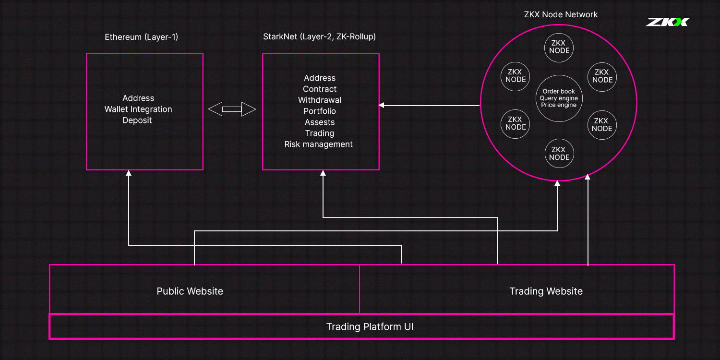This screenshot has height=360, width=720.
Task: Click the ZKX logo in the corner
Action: click(x=668, y=22)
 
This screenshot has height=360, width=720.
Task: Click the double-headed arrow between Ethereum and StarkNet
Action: click(x=232, y=109)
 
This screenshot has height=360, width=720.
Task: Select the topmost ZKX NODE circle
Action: click(x=559, y=47)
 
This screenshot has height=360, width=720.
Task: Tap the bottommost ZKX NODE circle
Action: click(x=559, y=153)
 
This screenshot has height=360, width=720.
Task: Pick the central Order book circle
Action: click(x=559, y=98)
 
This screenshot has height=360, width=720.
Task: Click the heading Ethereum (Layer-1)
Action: click(x=142, y=37)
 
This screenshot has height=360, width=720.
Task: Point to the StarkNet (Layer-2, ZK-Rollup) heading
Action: click(x=320, y=36)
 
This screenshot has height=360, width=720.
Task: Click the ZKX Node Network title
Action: click(x=561, y=14)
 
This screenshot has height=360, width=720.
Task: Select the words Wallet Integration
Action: click(x=138, y=109)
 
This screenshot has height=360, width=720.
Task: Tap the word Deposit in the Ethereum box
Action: click(x=137, y=120)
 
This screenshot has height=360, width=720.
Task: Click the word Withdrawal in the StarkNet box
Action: click(x=320, y=100)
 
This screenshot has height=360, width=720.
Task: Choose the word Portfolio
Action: click(x=320, y=111)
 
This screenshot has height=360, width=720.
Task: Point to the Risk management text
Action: click(x=319, y=144)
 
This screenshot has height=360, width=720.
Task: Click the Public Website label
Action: click(x=190, y=291)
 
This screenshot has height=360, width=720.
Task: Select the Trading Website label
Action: click(x=546, y=291)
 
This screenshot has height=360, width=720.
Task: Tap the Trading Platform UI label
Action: click(x=370, y=326)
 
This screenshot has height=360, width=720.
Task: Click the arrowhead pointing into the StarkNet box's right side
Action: click(x=382, y=105)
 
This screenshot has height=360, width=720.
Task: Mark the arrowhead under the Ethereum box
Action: click(x=129, y=173)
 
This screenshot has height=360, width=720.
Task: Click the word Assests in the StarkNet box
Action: click(x=320, y=122)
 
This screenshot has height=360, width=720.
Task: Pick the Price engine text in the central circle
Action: click(x=559, y=105)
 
